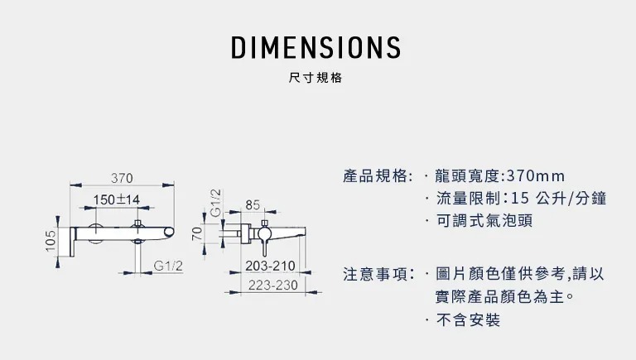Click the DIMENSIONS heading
[316, 47]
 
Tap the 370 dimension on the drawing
[123, 178]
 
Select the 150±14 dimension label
[116, 199]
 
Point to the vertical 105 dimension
[51, 242]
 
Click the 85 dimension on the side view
[253, 204]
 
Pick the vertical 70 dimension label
[197, 233]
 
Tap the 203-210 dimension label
[271, 266]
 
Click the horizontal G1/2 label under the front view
[168, 265]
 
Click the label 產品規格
[377, 176]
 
